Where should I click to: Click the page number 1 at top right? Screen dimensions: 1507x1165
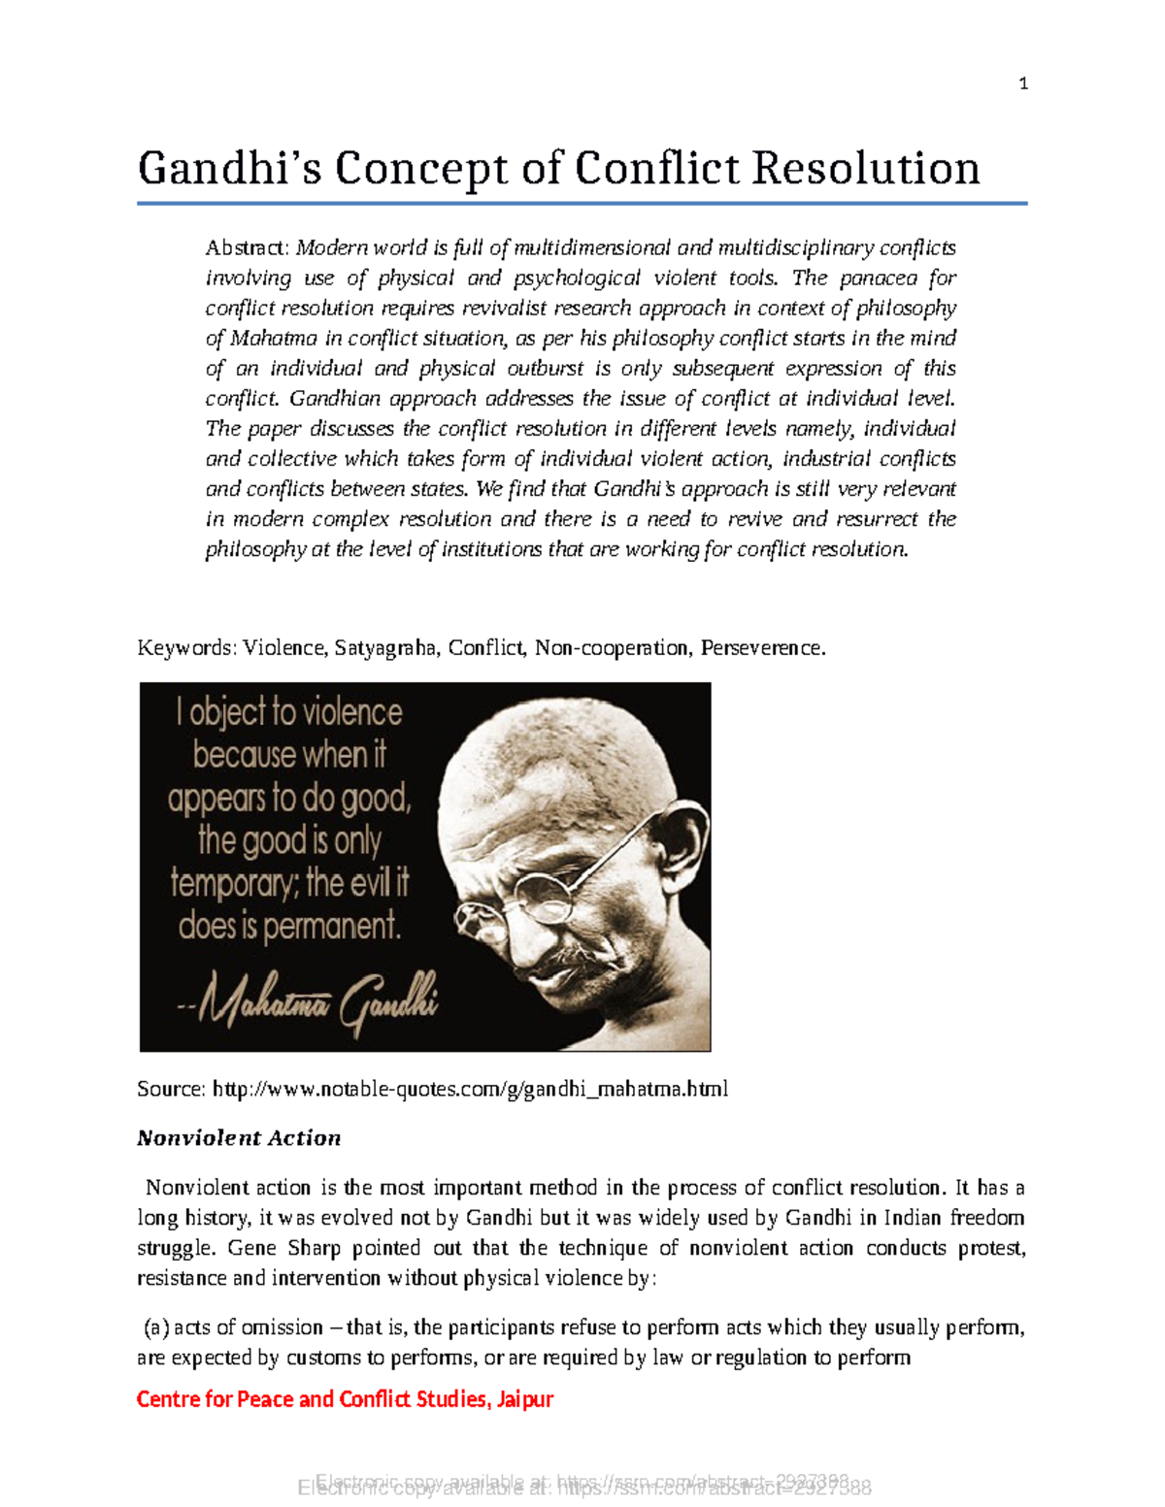pyautogui.click(x=1023, y=84)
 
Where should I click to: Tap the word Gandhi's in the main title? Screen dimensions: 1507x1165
pyautogui.click(x=230, y=169)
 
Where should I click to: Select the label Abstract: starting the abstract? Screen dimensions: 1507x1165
pyautogui.click(x=248, y=248)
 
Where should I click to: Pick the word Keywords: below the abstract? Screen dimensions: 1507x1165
pyautogui.click(x=186, y=648)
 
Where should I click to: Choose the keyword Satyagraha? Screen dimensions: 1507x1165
pyautogui.click(x=385, y=648)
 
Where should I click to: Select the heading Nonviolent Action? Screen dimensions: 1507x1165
pyautogui.click(x=239, y=1138)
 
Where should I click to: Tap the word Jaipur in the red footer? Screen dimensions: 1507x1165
pyautogui.click(x=525, y=1399)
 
